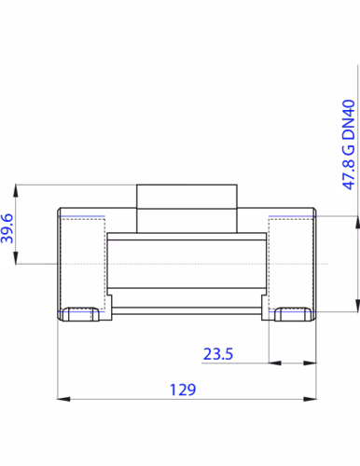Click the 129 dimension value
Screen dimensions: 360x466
183,390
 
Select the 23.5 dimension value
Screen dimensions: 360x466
218,354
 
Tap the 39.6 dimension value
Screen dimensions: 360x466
7,228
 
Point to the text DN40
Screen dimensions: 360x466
349,119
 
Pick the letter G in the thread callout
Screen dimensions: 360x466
349,149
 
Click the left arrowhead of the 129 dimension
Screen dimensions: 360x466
63,399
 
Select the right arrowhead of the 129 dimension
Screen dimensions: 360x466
310,399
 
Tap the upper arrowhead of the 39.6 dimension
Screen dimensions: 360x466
16,191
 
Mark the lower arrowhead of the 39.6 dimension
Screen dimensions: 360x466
16,258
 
